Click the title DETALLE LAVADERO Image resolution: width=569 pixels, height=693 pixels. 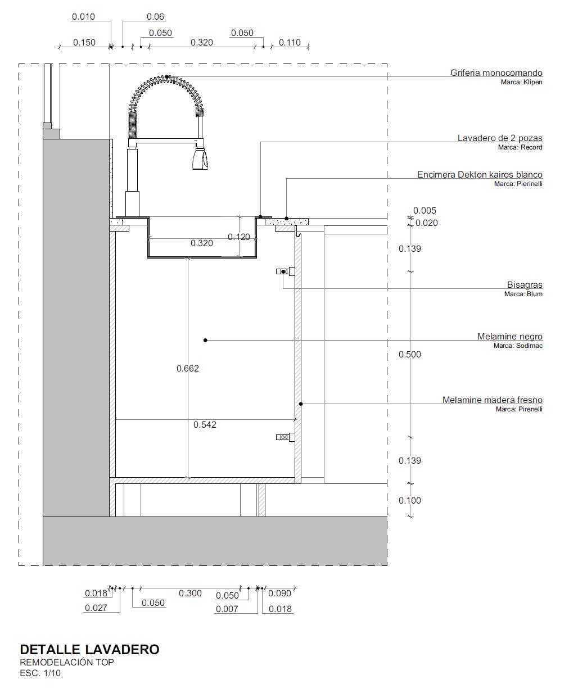pos(90,650)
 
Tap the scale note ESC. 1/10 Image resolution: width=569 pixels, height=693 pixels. pos(40,673)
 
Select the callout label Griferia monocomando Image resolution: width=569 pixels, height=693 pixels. pos(496,73)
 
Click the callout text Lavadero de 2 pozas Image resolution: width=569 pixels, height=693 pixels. pos(500,138)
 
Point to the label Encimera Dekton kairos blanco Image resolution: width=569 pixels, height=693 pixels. pos(480,174)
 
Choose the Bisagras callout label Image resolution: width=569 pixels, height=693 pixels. pos(525,285)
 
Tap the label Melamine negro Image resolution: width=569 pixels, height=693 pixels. pos(510,337)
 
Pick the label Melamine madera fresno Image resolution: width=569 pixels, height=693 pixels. pos(492,400)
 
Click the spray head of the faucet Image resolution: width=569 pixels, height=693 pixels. pos(200,159)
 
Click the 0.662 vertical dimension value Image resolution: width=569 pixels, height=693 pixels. pos(188,368)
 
